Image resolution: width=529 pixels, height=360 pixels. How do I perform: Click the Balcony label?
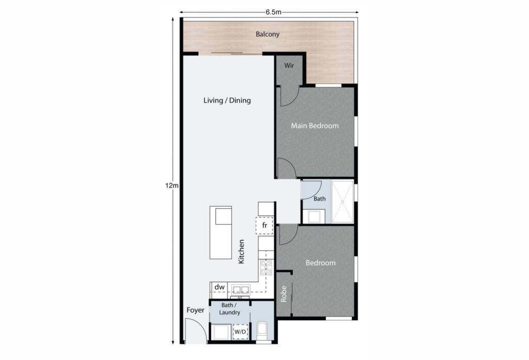click(268, 35)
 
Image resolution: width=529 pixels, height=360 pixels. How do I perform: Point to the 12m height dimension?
click(172, 185)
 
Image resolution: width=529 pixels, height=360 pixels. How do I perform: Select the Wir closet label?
click(288, 66)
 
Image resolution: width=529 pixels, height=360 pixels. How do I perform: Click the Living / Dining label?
click(227, 100)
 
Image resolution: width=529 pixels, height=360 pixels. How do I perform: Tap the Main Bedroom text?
click(315, 126)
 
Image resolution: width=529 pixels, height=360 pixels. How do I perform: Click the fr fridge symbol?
click(264, 226)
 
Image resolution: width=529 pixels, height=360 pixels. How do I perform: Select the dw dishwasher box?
click(219, 287)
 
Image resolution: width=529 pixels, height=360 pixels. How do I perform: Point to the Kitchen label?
click(241, 252)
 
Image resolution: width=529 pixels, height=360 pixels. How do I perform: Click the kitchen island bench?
click(221, 232)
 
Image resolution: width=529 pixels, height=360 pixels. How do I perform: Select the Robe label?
click(284, 294)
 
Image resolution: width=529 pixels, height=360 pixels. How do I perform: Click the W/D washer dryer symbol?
click(240, 331)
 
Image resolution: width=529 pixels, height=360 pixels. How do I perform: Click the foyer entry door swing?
click(196, 331)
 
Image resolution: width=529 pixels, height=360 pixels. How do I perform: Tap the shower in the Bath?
click(342, 201)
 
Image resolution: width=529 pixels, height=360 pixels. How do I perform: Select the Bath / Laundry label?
click(230, 309)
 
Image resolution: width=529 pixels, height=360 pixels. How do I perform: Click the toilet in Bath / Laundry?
click(262, 331)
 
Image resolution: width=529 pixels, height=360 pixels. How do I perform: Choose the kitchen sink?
click(241, 290)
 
